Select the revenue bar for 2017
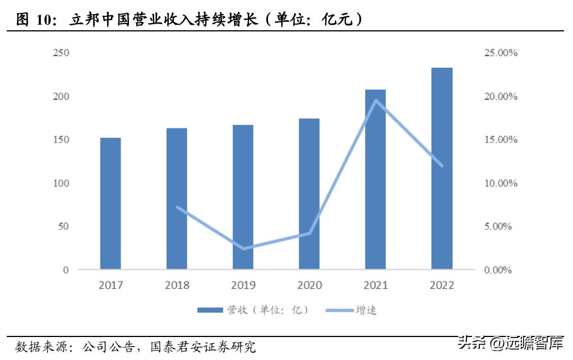click(110, 204)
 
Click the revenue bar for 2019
click(243, 197)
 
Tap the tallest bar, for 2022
click(442, 168)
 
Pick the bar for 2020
click(309, 193)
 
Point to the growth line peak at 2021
click(376, 100)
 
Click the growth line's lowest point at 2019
click(243, 248)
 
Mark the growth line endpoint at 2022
click(442, 165)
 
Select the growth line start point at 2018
click(177, 207)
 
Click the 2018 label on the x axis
click(177, 285)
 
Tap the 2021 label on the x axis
click(376, 285)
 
